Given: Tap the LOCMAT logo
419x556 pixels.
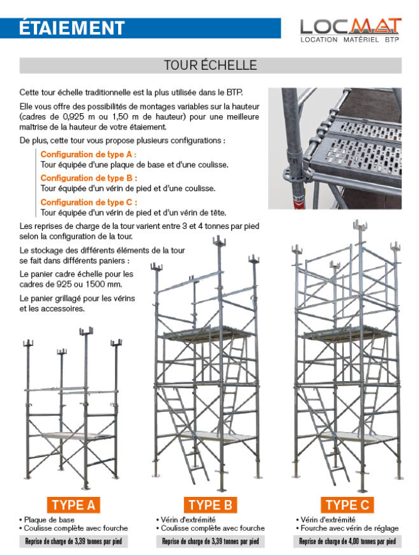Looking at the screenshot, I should point(350,26).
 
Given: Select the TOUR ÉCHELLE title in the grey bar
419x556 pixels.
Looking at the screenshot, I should point(210,65).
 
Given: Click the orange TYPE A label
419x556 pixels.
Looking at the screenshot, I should point(73,504).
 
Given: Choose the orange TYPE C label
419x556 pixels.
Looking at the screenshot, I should point(347,504).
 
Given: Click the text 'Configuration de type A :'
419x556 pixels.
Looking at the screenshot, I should point(89,154).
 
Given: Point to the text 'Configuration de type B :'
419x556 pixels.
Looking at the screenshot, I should point(89,178).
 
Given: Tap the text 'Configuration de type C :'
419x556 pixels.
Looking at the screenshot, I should point(89,202).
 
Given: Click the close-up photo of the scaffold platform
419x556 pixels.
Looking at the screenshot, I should point(335,148).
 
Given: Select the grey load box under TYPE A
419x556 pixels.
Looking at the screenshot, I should point(73,542).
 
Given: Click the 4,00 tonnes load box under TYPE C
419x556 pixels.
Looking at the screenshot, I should point(347,542).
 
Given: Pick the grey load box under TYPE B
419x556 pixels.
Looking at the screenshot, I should point(210,542).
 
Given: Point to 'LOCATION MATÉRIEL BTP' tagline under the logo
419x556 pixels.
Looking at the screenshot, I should point(350,40).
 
